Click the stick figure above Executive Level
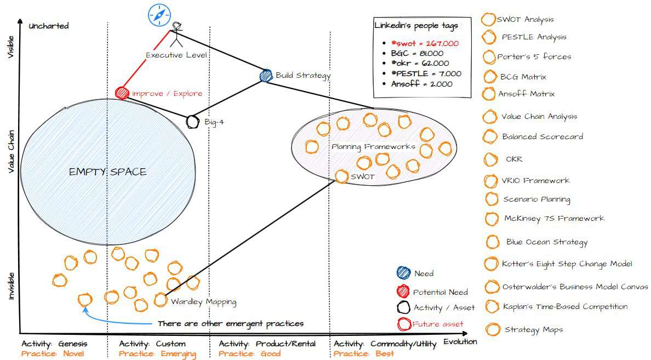(176, 35)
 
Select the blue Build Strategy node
(266, 76)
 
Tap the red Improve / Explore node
(122, 93)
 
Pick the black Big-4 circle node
(192, 121)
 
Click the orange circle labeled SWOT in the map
(341, 176)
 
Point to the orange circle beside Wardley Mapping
(160, 300)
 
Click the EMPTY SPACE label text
(107, 172)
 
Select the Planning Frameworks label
(373, 146)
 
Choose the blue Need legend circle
(403, 273)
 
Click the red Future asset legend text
(438, 324)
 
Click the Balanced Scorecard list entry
(542, 136)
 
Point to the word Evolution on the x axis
(460, 341)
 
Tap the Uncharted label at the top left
(49, 26)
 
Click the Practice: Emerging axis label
(157, 353)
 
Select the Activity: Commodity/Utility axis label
(385, 344)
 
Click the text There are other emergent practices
(230, 324)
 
